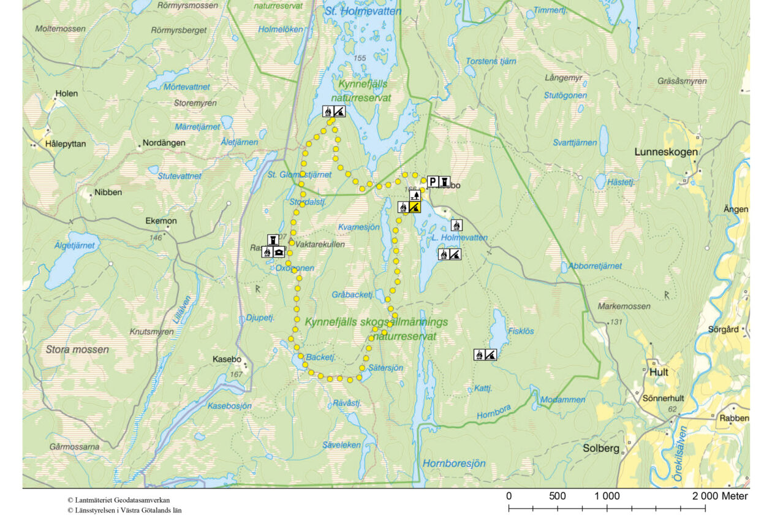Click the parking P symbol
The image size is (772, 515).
click(x=433, y=181)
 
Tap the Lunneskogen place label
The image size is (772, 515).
click(x=665, y=152)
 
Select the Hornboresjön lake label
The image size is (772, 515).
click(x=454, y=464)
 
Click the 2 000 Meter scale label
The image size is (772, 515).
click(x=721, y=495)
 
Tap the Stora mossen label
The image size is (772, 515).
click(x=77, y=350)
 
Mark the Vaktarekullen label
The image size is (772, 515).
click(x=320, y=244)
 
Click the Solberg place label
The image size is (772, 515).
click(x=601, y=448)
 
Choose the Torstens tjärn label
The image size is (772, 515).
click(x=491, y=61)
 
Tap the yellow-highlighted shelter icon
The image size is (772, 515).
click(x=415, y=207)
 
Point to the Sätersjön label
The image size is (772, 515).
click(x=385, y=368)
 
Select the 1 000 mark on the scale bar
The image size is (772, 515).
click(x=607, y=495)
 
